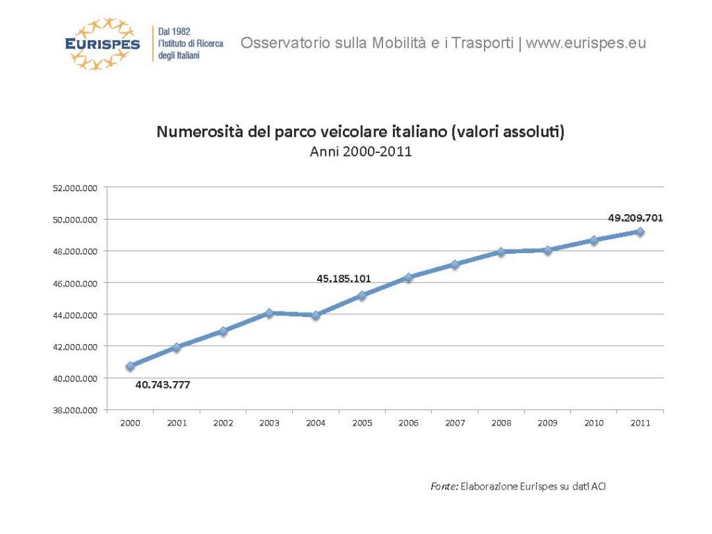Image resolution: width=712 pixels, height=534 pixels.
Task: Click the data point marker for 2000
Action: (130, 366)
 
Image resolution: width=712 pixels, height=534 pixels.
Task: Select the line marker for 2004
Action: (316, 315)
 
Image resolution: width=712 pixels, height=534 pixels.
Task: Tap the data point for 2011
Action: (640, 232)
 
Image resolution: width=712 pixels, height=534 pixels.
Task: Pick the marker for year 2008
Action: (501, 252)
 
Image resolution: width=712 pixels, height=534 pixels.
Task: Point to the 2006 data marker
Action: (409, 277)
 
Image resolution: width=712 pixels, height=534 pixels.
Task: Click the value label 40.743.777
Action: (162, 385)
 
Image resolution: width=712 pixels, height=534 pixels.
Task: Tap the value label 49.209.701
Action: (635, 218)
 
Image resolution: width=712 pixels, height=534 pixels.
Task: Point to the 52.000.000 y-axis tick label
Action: (76, 188)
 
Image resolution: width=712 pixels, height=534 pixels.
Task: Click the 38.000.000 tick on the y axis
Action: (76, 410)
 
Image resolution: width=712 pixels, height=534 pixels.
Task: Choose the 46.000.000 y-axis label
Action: (76, 283)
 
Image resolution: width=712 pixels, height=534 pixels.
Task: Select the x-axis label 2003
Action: (269, 423)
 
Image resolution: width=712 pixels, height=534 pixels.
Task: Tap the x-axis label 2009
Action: (547, 423)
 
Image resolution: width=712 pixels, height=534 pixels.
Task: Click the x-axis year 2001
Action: (177, 423)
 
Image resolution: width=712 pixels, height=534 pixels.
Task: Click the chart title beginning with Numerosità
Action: (360, 132)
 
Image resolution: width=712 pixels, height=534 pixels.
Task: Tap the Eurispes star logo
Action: (102, 44)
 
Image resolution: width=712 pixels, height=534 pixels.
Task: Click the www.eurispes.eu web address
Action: (585, 43)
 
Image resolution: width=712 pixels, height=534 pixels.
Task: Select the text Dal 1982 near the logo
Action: (175, 32)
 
